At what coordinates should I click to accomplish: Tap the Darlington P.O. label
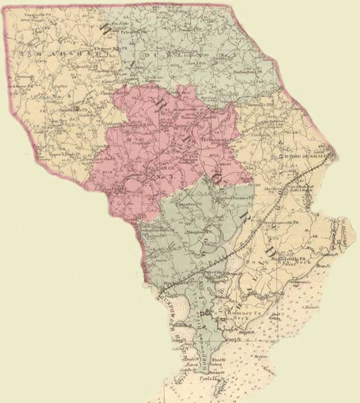coord(248,71)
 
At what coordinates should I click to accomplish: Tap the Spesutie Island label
coord(343,237)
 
